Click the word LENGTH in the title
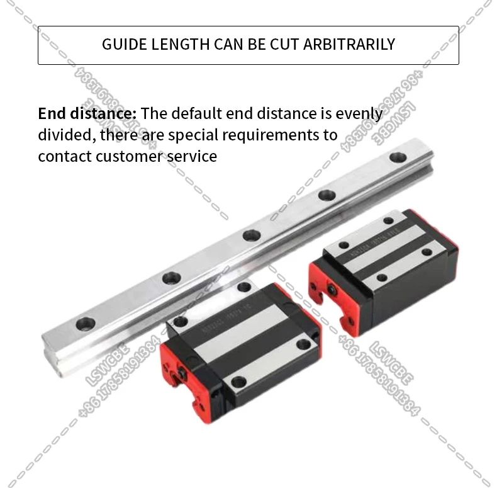pyautogui.click(x=181, y=44)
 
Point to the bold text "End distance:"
pyautogui.click(x=87, y=114)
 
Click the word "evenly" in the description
pyautogui.click(x=359, y=114)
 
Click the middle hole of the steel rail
pyautogui.click(x=252, y=235)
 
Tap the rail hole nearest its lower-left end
pyautogui.click(x=85, y=324)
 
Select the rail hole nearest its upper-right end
pyautogui.click(x=398, y=157)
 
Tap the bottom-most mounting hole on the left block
pyautogui.click(x=238, y=382)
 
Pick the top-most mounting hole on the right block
pyautogui.click(x=388, y=221)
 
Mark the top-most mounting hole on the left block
pyautogui.click(x=244, y=287)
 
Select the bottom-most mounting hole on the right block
pyautogui.click(x=381, y=277)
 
